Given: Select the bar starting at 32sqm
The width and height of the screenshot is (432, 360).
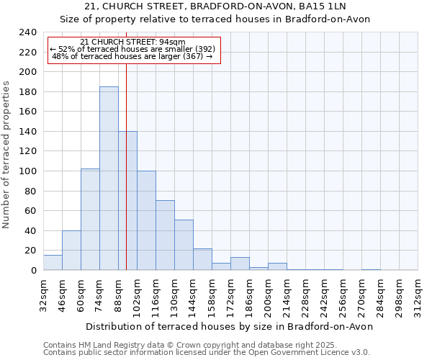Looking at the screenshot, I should [x=53, y=263].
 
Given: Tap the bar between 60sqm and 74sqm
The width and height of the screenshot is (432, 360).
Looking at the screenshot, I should [x=90, y=220].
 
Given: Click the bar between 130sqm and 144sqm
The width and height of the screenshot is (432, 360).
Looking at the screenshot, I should [x=184, y=245].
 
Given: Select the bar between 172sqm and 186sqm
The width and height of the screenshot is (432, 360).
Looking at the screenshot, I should [x=240, y=264].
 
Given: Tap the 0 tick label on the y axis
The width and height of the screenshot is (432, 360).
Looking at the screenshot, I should [x=32, y=270].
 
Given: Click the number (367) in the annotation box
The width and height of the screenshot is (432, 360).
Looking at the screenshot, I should [x=192, y=56].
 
